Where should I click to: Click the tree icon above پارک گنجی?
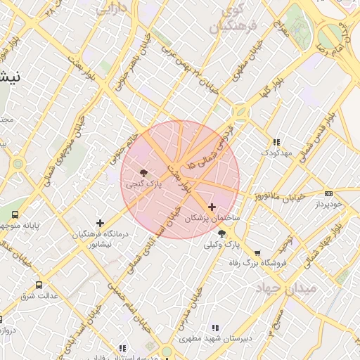click(x=143, y=172)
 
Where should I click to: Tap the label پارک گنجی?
click(x=143, y=184)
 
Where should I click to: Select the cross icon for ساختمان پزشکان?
click(x=212, y=207)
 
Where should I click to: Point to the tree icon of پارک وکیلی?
click(x=222, y=233)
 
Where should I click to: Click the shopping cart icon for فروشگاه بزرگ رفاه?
click(x=257, y=252)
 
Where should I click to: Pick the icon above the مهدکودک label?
click(x=276, y=141)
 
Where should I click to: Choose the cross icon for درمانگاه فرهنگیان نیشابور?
click(x=101, y=223)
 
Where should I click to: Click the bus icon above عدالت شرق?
click(x=39, y=285)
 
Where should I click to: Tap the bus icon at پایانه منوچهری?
click(x=15, y=215)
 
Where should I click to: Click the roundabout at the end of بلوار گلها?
click(x=240, y=112)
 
